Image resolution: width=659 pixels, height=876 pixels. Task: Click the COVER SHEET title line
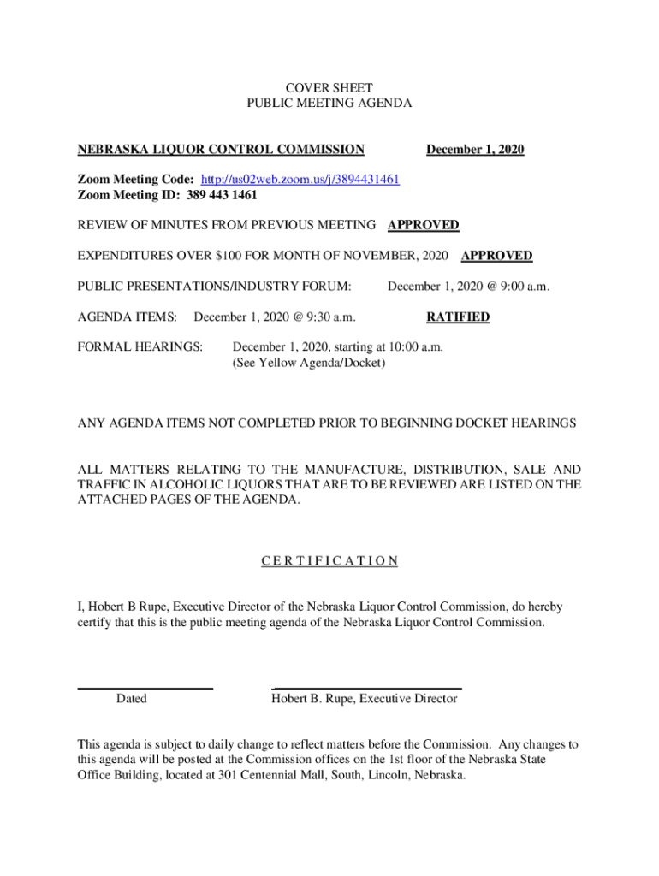[x=329, y=87]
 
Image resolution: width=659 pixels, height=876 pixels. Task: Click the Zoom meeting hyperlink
[x=300, y=180]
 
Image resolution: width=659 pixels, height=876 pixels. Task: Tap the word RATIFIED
[x=458, y=317]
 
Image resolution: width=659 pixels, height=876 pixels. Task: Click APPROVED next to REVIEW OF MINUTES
[x=423, y=225]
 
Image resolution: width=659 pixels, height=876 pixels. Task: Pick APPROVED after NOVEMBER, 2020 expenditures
[x=496, y=256]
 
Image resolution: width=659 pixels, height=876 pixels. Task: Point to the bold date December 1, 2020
[x=475, y=150]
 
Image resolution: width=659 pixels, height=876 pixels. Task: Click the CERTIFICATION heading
[x=329, y=561]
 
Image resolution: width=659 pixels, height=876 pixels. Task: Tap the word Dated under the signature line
[x=131, y=699]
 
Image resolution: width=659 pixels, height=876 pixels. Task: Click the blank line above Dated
[x=145, y=688]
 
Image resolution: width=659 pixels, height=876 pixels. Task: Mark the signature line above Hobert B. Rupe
[x=366, y=688]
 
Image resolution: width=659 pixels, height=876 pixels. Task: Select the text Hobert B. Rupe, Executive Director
[x=365, y=699]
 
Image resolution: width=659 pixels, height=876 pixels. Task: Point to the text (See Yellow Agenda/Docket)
[x=309, y=364]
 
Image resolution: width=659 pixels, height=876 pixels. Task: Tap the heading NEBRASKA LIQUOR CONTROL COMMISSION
[x=221, y=150]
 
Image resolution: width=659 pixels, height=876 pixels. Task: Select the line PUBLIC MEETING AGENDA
[x=329, y=103]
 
